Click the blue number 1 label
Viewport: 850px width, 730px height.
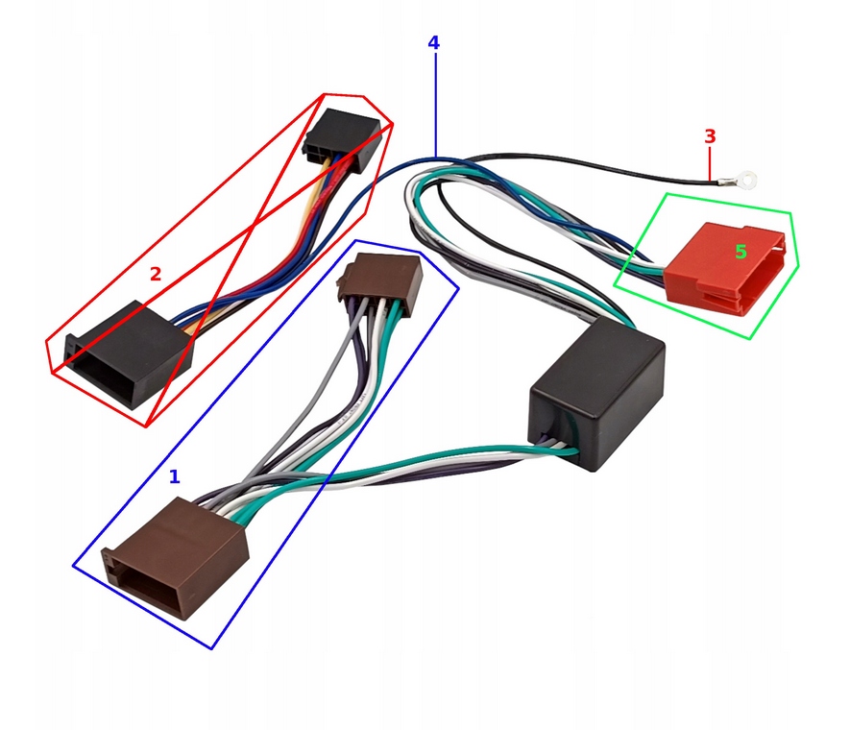pyautogui.click(x=174, y=476)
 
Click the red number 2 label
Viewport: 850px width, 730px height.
pyautogui.click(x=156, y=274)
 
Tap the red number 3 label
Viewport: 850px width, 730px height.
pyautogui.click(x=710, y=136)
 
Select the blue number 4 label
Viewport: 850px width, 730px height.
pyautogui.click(x=434, y=43)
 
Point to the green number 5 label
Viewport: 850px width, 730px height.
pyautogui.click(x=741, y=253)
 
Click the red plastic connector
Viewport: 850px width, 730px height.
pyautogui.click(x=730, y=267)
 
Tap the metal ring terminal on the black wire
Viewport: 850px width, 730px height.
pyautogui.click(x=743, y=178)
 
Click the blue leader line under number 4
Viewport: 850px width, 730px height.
pyautogui.click(x=434, y=106)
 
